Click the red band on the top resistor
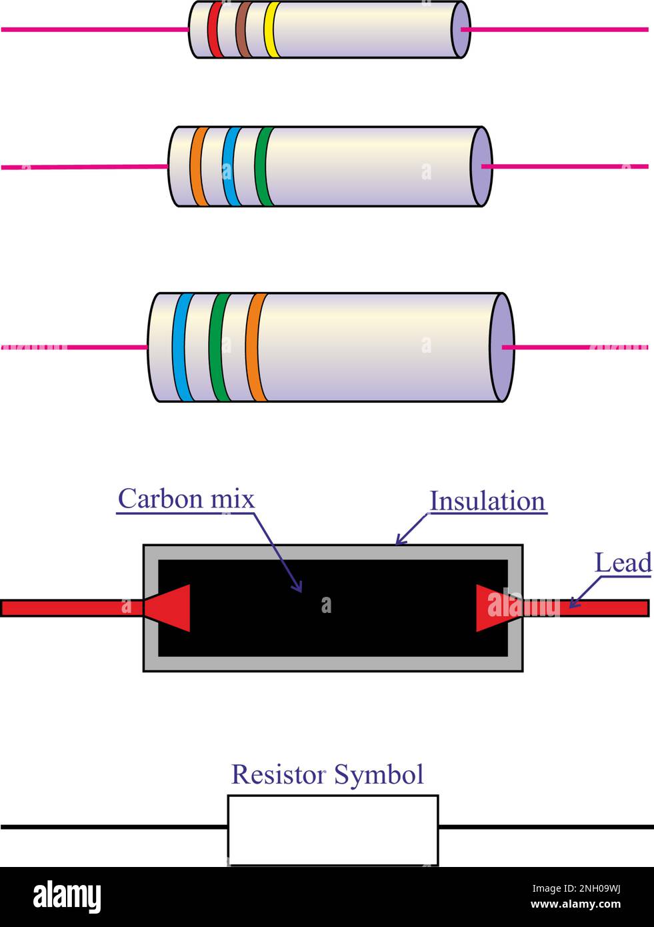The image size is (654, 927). (213, 30)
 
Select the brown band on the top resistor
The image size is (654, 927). (243, 30)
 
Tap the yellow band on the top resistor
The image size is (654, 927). (271, 30)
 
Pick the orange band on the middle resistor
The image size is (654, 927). (197, 166)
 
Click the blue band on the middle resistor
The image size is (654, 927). (230, 166)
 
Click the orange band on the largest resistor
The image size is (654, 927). (255, 347)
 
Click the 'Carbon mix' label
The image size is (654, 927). (186, 499)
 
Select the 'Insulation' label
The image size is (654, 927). (487, 502)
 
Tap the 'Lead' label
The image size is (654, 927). (623, 563)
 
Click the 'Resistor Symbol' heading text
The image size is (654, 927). (327, 774)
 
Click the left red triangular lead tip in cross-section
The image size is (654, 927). (172, 608)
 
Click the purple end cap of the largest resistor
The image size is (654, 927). (501, 347)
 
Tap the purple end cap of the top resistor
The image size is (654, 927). (461, 30)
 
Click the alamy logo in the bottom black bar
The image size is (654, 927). (67, 896)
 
